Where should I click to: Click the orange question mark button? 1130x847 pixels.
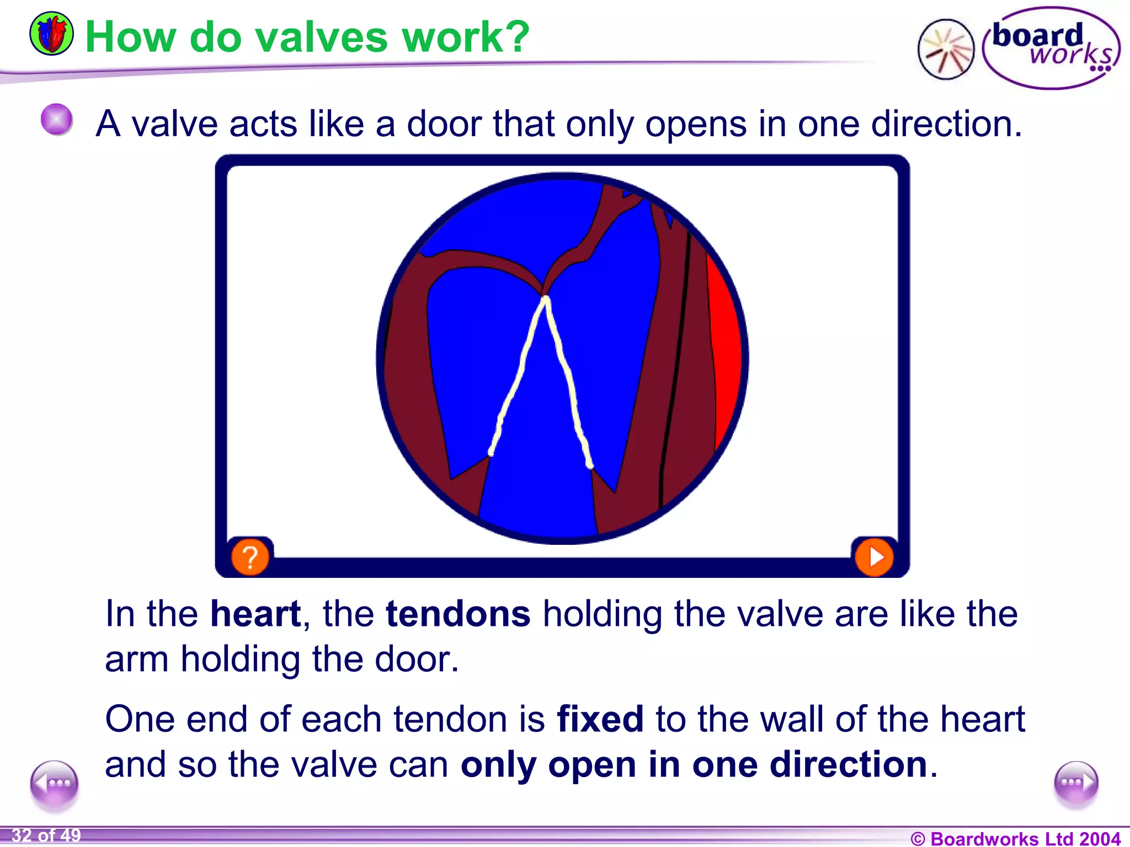pos(250,557)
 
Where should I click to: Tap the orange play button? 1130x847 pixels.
pos(874,557)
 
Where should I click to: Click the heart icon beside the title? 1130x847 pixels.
pos(51,34)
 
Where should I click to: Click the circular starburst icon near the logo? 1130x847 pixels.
pos(946,50)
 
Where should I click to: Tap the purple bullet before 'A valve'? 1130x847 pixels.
pos(57,119)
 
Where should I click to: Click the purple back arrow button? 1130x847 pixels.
pos(54,783)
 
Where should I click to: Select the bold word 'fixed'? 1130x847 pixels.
pos(600,719)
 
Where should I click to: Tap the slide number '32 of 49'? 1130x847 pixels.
pos(46,835)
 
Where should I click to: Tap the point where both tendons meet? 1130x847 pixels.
pos(546,299)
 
